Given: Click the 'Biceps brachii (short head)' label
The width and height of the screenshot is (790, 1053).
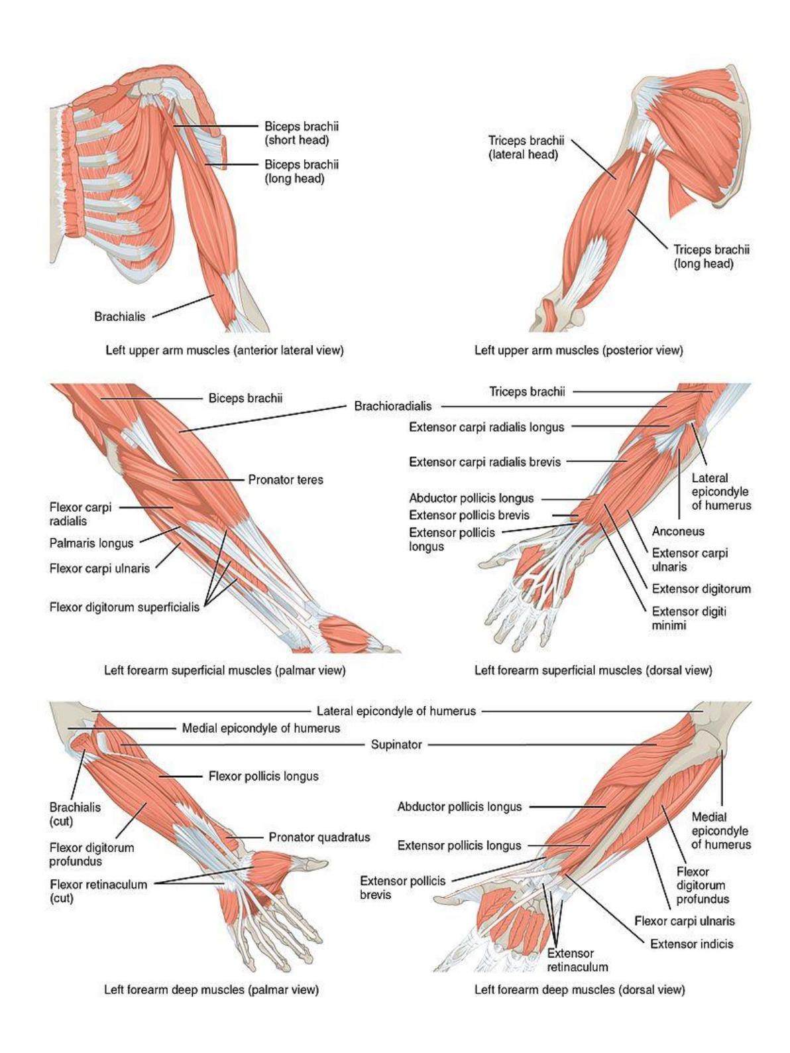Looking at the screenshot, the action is coord(302,133).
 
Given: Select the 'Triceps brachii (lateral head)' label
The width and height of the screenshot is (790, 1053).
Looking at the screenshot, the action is coord(526,147).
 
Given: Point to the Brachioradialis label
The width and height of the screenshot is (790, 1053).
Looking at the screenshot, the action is coord(392,406).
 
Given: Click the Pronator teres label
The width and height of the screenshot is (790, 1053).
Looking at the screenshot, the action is coord(286,479).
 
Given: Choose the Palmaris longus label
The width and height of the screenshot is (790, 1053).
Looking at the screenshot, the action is coord(91,543).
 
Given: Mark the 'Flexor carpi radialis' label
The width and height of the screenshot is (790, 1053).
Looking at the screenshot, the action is coord(80,514).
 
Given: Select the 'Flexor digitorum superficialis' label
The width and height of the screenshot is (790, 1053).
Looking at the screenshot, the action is coord(124,607).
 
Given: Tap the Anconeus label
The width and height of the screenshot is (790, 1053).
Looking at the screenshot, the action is coord(678,531).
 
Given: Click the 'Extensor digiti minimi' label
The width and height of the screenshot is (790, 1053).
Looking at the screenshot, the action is coord(689,618).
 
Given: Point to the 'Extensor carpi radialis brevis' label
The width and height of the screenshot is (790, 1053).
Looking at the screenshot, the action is coord(484,462).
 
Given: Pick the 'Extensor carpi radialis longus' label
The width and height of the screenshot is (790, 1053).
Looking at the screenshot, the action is coord(486,427).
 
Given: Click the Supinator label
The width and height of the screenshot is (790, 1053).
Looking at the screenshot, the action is coord(396,745).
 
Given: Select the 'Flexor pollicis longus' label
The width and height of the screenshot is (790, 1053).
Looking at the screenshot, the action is coord(263,776).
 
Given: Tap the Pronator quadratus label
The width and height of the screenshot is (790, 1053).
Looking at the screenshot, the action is coord(319,837).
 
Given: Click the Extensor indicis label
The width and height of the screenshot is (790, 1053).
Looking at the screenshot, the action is coord(691,944).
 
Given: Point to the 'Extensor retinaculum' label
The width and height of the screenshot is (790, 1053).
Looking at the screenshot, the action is coord(577,960).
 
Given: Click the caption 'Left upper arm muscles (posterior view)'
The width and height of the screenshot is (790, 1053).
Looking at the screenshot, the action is coord(579,350).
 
